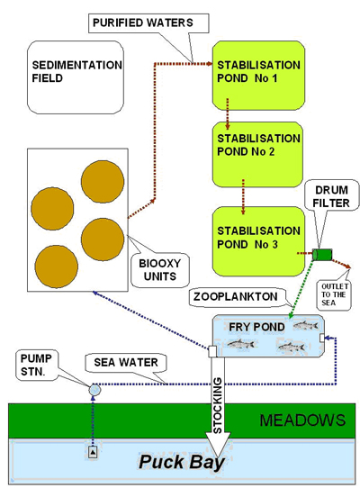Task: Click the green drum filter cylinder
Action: tap(322, 255)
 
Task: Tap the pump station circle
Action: tap(94, 390)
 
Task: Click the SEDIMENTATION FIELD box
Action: tap(76, 77)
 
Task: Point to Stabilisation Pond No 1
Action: tap(258, 76)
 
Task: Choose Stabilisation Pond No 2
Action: tap(257, 154)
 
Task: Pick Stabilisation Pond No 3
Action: tap(258, 241)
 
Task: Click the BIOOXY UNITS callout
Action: tap(160, 270)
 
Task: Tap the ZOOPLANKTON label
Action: tap(236, 296)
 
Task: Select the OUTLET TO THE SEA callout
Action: tap(334, 294)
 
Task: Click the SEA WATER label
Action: tap(126, 363)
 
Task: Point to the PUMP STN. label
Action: tap(36, 365)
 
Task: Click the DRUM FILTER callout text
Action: tap(331, 196)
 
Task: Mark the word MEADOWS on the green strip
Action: tap(302, 420)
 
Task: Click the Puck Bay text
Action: tap(182, 462)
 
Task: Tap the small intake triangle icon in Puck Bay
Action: tap(93, 452)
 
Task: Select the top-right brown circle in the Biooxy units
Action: tap(103, 182)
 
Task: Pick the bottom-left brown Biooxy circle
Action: tap(57, 267)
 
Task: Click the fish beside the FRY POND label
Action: tap(305, 326)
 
